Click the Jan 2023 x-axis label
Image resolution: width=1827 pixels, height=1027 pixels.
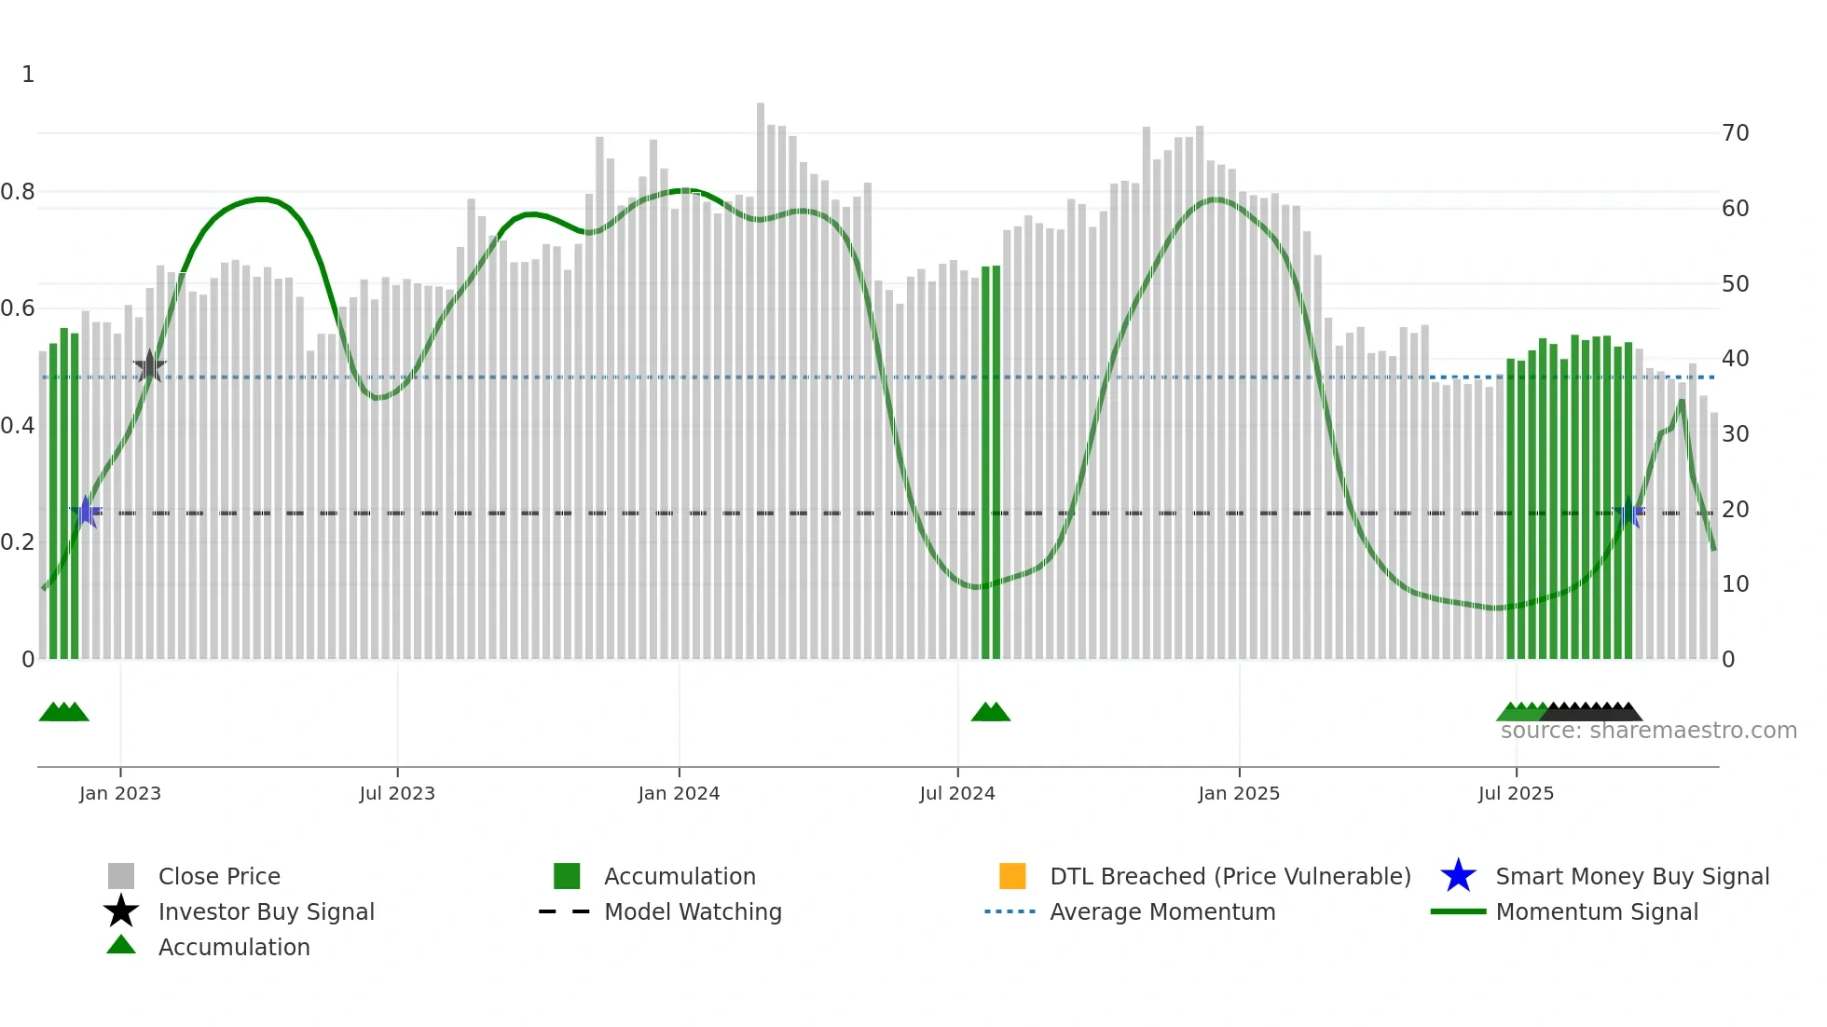pyautogui.click(x=120, y=793)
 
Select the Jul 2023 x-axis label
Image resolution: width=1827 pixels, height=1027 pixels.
pyautogui.click(x=397, y=793)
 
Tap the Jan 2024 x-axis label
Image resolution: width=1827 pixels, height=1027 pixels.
pyautogui.click(x=679, y=793)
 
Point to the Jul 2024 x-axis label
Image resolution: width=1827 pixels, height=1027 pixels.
pyautogui.click(x=957, y=793)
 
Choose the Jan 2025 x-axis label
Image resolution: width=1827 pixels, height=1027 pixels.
pyautogui.click(x=1239, y=793)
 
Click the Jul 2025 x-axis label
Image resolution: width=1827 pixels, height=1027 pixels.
pyautogui.click(x=1516, y=793)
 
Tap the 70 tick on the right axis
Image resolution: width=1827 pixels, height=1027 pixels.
pyautogui.click(x=1735, y=133)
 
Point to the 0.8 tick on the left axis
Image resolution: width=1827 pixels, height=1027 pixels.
pyautogui.click(x=19, y=192)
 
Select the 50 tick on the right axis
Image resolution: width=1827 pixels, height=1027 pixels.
pyautogui.click(x=1735, y=283)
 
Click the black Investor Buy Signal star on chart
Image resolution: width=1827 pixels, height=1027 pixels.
pyautogui.click(x=149, y=366)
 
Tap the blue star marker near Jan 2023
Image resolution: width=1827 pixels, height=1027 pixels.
pyautogui.click(x=86, y=512)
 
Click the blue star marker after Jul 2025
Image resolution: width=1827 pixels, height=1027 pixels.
pyautogui.click(x=1628, y=513)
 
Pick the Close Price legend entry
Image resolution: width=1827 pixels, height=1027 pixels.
pyautogui.click(x=219, y=876)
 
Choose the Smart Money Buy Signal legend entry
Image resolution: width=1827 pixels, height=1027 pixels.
pyautogui.click(x=1631, y=876)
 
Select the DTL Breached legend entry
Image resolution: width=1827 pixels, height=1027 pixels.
pyautogui.click(x=1229, y=876)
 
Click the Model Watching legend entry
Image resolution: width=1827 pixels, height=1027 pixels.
pyautogui.click(x=692, y=911)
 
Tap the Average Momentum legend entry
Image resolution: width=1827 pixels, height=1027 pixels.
pyautogui.click(x=1161, y=911)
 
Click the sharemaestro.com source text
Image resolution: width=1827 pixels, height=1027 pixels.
pyautogui.click(x=1648, y=731)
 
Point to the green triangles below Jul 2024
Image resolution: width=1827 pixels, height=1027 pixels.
pyautogui.click(x=991, y=712)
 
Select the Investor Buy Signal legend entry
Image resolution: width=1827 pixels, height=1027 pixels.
pyautogui.click(x=266, y=911)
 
